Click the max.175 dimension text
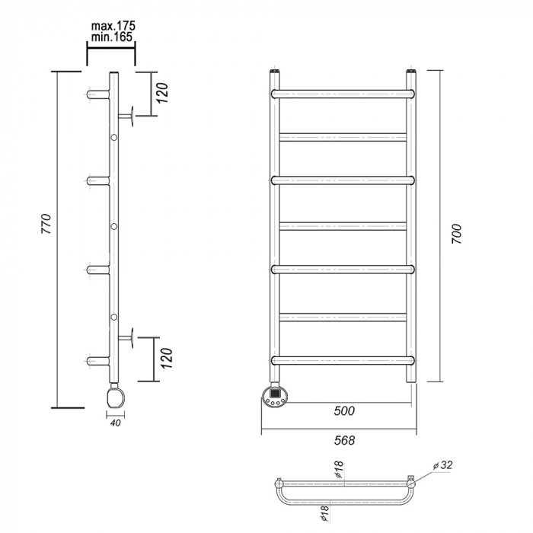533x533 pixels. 113,26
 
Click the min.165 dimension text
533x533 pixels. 112,37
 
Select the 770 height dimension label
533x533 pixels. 46,224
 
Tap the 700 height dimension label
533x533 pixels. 457,234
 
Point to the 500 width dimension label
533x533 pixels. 344,410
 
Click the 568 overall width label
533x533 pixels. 344,440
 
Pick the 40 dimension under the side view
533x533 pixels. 116,423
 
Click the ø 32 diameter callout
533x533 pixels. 443,465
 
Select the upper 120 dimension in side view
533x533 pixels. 163,93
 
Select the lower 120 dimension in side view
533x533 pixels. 167,358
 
